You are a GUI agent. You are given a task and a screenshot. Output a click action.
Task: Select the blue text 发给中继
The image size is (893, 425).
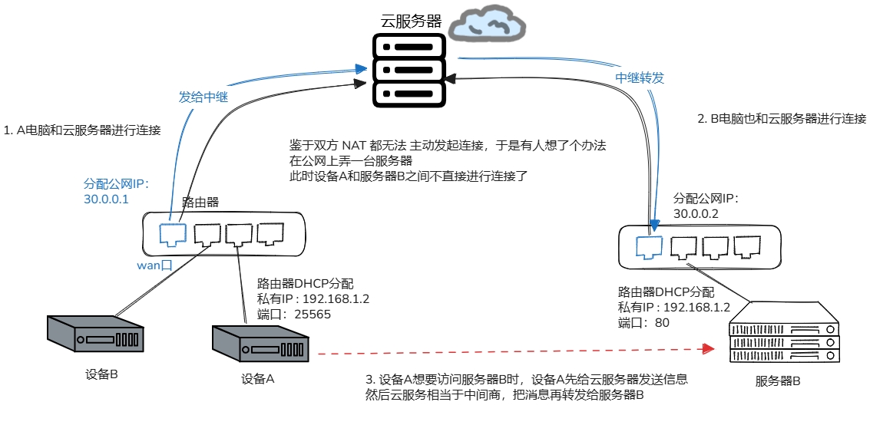[203, 97]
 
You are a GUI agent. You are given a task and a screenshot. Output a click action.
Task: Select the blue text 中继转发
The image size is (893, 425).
[640, 78]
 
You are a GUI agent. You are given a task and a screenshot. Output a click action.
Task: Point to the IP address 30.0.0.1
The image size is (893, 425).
[106, 199]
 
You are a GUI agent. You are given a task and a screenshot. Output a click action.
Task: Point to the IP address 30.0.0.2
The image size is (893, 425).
[696, 213]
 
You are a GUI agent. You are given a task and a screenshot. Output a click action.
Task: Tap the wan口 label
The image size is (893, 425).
[154, 265]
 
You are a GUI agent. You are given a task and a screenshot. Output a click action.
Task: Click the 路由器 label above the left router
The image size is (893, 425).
[200, 203]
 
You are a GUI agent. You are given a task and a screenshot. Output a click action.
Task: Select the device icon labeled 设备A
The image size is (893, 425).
[261, 343]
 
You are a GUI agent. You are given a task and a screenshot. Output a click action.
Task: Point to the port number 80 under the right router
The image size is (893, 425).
[661, 323]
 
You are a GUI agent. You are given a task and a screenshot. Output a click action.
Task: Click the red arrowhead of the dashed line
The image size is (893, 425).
[707, 351]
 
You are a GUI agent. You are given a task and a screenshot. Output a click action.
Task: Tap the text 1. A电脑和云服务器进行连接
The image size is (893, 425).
[83, 130]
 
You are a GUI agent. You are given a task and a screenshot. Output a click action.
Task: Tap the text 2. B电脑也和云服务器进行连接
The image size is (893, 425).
[782, 119]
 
